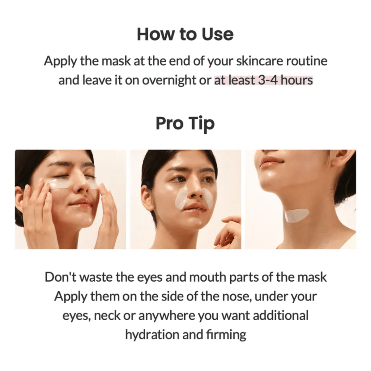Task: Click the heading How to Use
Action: click(x=185, y=34)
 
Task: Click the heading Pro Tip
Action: click(x=185, y=124)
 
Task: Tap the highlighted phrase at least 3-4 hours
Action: click(x=263, y=80)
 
